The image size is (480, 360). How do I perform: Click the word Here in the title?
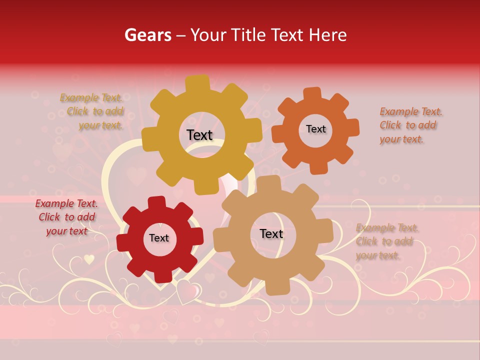[328, 35]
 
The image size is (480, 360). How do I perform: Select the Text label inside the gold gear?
[199, 135]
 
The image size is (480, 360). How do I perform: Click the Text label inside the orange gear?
[315, 129]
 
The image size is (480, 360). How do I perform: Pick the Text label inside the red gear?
[159, 238]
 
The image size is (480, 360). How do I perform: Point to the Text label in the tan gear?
[271, 233]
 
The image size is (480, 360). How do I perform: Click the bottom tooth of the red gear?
[161, 275]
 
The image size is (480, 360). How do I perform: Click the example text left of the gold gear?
[92, 111]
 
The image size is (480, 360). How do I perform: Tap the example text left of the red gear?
[66, 217]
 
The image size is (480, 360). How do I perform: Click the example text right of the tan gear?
[386, 241]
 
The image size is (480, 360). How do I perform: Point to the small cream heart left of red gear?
[89, 259]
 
